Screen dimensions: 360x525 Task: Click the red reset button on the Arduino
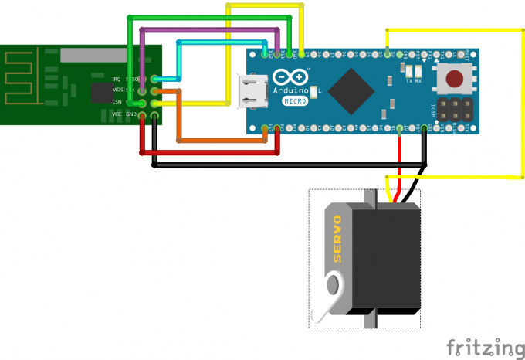click(455, 78)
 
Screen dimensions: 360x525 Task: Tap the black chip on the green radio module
click(101, 93)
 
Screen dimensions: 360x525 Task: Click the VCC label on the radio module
click(117, 114)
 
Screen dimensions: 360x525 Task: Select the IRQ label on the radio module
click(117, 79)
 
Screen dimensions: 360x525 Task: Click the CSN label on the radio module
click(117, 102)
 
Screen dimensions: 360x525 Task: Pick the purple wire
click(208, 29)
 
